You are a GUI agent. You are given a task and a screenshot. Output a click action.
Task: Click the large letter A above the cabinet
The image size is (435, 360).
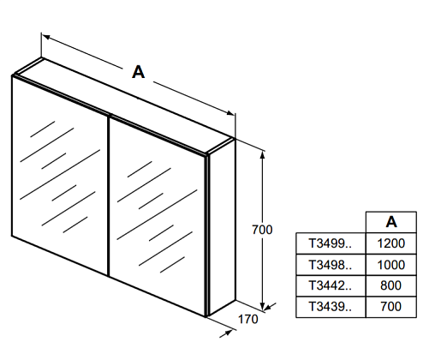pos(138,72)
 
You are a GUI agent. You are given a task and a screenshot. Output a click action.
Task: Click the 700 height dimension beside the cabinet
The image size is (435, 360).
pos(262,230)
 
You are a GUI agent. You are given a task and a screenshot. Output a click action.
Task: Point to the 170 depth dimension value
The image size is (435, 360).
pos(247,319)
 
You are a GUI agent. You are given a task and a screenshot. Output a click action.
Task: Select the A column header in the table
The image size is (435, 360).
pos(391,222)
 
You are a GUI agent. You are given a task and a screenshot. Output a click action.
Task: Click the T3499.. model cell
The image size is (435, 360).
pos(331,243)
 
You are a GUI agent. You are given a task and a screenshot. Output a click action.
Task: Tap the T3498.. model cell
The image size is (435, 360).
pos(331,265)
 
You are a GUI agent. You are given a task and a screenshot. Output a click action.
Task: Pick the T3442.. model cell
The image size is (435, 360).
pos(331,285)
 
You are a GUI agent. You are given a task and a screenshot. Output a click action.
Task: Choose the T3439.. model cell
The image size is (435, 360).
pos(331,307)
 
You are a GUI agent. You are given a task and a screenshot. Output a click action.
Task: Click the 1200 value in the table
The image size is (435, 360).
pos(391,243)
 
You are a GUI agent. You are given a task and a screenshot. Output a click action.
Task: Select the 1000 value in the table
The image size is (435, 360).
pos(391,265)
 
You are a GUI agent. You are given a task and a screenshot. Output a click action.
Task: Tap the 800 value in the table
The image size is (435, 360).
pos(391,285)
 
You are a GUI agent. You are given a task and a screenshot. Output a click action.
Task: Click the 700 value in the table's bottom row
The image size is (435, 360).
pos(391,307)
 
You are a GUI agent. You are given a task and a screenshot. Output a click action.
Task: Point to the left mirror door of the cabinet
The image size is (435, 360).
pos(60,175)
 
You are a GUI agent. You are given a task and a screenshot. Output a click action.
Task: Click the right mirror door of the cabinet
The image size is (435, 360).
pos(158,216)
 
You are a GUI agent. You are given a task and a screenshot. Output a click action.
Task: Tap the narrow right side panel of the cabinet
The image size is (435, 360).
pos(222,227)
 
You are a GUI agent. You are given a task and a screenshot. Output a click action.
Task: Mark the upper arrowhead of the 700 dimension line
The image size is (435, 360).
pos(263,154)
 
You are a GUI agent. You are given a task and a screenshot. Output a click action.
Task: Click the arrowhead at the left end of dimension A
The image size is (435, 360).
pos(46,37)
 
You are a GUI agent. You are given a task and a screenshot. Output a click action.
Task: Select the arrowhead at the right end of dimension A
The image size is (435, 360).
pos(230,113)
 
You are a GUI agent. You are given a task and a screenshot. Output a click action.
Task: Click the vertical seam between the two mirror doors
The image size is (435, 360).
pos(109,196)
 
